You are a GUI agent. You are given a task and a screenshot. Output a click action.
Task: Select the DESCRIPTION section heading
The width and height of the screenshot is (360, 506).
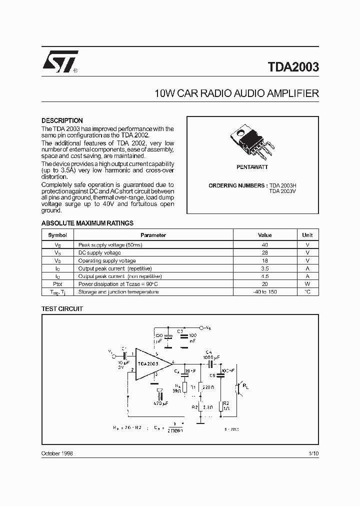coord(62,120)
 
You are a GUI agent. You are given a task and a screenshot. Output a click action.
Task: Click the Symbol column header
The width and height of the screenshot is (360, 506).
coord(57,235)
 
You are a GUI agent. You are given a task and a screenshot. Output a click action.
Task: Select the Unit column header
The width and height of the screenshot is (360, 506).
coord(307,235)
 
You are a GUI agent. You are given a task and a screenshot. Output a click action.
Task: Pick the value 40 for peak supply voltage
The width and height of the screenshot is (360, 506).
coord(264,245)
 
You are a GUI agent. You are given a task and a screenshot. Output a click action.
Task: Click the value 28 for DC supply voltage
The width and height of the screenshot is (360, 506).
coord(264,253)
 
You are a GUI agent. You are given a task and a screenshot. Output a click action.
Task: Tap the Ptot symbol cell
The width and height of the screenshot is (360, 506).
coord(57,284)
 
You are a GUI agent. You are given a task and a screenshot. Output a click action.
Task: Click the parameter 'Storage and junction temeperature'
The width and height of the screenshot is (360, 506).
coord(118,292)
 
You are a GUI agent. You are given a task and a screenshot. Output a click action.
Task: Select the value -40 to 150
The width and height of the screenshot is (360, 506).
coord(264,292)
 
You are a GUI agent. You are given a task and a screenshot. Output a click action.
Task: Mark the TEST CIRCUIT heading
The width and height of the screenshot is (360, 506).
coord(62,309)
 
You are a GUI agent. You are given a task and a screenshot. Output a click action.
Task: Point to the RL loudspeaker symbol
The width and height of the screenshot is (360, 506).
coord(239,387)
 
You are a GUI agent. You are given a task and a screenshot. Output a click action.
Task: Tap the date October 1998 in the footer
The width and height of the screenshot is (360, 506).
coord(57,453)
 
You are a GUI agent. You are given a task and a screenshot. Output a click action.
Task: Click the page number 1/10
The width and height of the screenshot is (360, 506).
coord(313,453)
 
